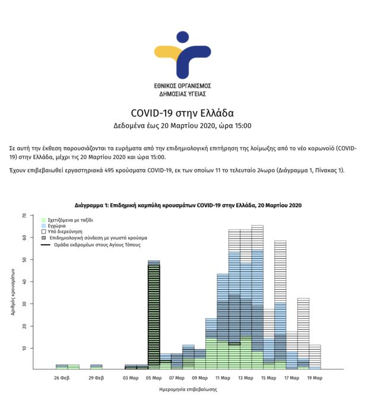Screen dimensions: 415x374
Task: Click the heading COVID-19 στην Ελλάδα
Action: click(182, 113)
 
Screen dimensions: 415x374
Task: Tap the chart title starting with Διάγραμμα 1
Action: click(188, 205)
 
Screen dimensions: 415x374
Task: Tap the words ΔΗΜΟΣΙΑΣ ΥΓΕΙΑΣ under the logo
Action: click(183, 94)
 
